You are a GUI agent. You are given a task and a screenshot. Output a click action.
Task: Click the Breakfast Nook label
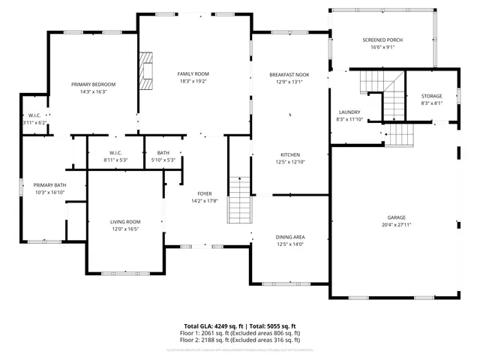click(289, 75)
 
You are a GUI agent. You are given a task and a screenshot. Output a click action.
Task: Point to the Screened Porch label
click(382, 40)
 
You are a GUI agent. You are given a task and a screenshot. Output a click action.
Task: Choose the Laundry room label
click(349, 112)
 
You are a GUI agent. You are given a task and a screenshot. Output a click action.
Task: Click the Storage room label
click(431, 96)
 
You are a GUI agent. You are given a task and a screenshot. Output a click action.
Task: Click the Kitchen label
click(289, 154)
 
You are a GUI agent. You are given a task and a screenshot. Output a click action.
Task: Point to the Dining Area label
click(289, 237)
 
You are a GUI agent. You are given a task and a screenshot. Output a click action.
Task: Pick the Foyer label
click(205, 193)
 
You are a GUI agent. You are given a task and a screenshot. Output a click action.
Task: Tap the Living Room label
click(125, 222)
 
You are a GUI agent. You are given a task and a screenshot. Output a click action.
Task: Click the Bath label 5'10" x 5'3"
click(163, 153)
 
